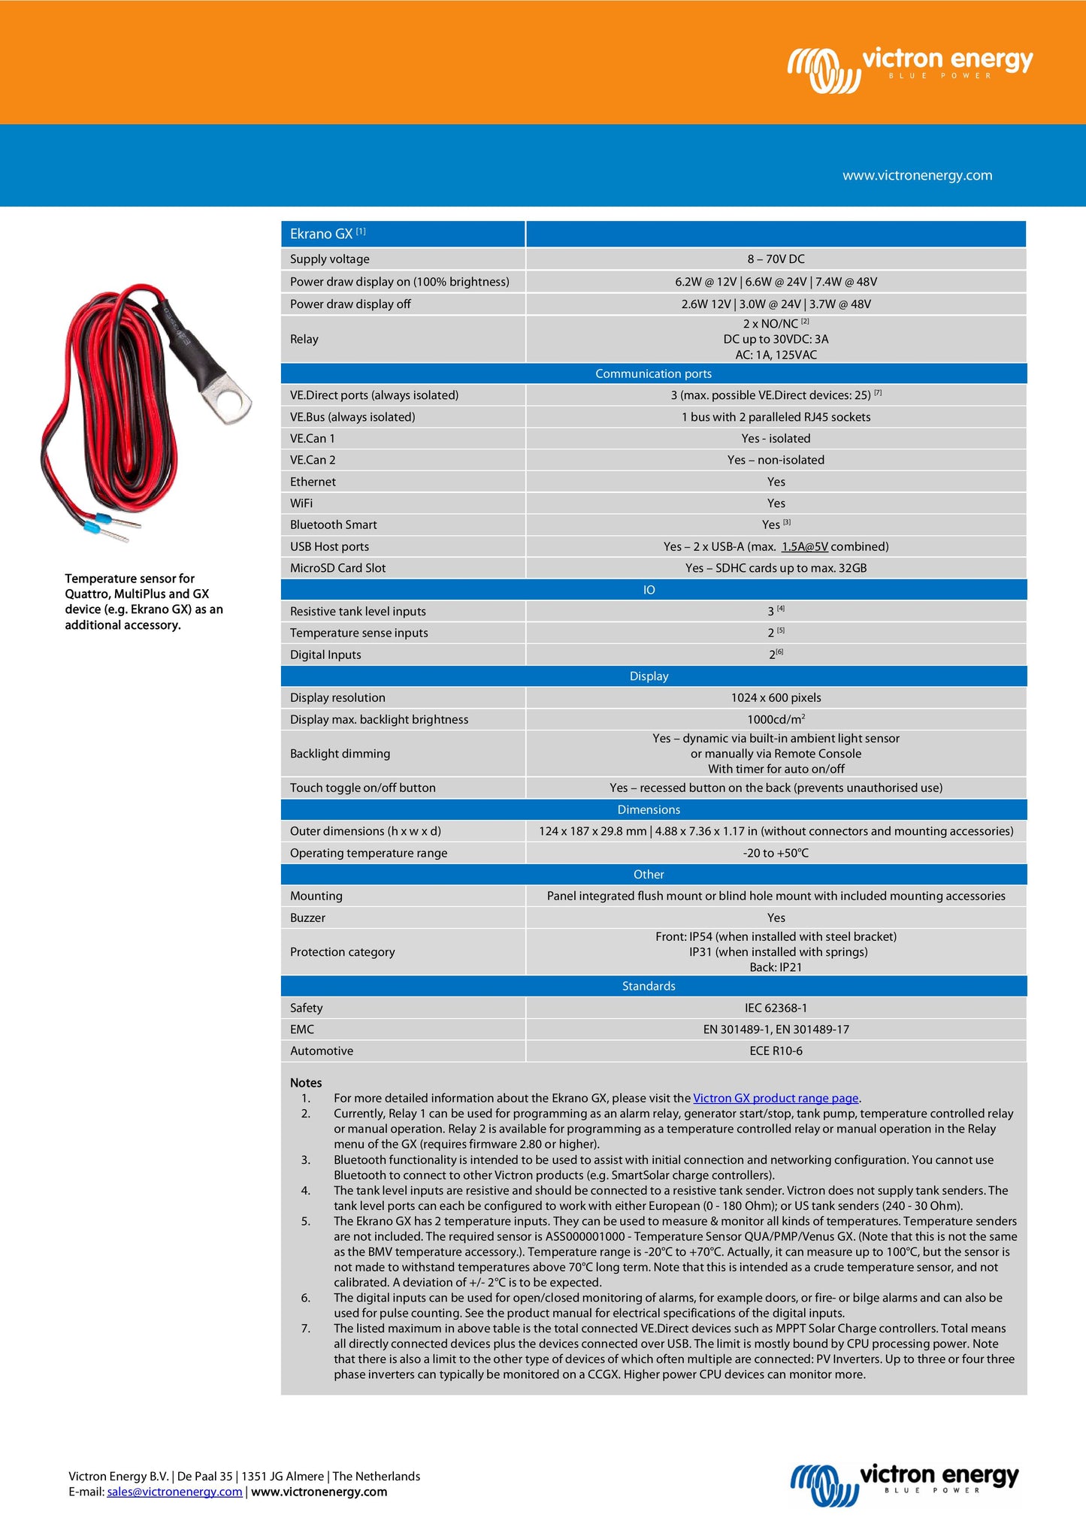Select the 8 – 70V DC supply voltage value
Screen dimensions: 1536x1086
[776, 259]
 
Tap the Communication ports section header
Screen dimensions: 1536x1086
[653, 373]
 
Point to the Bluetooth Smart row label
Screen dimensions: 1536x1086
[333, 525]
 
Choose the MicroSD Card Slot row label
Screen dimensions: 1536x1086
[337, 568]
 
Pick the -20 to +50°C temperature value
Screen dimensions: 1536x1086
[776, 853]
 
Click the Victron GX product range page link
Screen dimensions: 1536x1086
[775, 1098]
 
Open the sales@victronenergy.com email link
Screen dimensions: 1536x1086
[174, 1492]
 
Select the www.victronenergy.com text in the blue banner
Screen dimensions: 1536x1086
[917, 175]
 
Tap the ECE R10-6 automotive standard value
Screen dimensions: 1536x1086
[776, 1051]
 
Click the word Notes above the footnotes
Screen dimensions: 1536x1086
[306, 1083]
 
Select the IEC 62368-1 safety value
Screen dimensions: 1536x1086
[776, 1008]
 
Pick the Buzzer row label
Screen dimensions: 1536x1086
[307, 918]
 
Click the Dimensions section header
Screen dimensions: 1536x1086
[649, 809]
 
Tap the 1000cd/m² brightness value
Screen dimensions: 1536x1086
[776, 719]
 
